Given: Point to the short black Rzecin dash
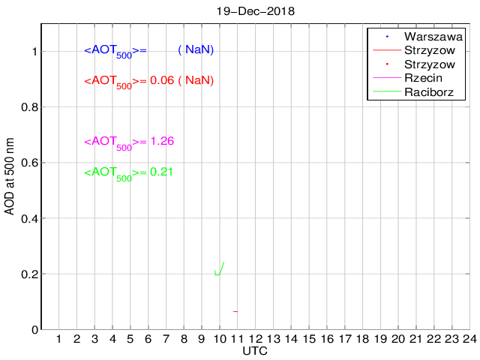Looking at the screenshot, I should pyautogui.click(x=235, y=311).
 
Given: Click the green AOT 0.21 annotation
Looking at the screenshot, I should pyautogui.click(x=128, y=173).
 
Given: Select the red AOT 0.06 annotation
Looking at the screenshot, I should pyautogui.click(x=148, y=81).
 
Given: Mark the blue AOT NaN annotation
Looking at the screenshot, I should pyautogui.click(x=148, y=50).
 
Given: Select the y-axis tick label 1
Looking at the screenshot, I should pyautogui.click(x=34, y=52).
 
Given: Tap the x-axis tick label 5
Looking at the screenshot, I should pyautogui.click(x=130, y=340).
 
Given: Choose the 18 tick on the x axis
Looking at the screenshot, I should pyautogui.click(x=362, y=340).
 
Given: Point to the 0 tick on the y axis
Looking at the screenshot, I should pyautogui.click(x=34, y=330).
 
